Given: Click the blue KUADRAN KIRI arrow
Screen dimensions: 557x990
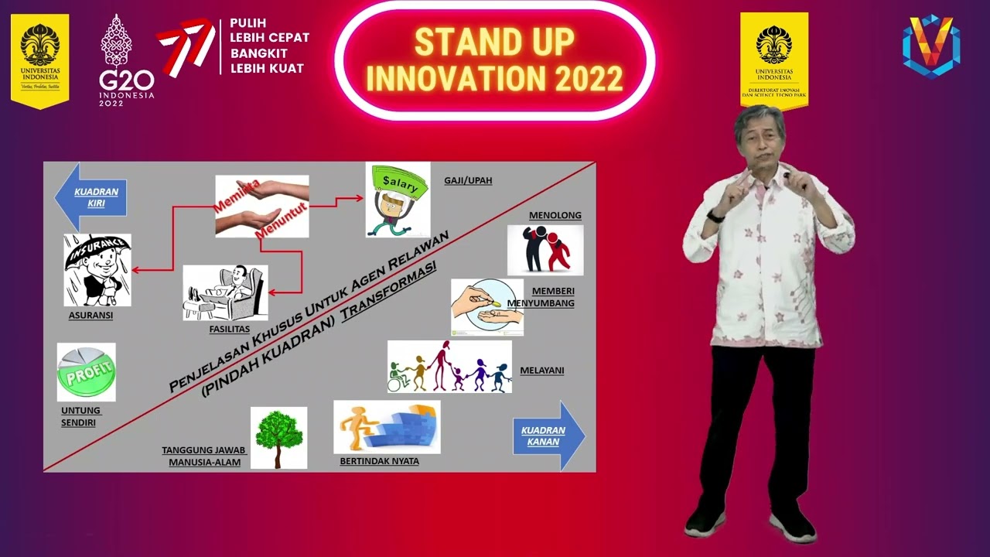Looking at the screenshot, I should (x=90, y=197).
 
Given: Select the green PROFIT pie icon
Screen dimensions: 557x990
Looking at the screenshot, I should (x=86, y=372).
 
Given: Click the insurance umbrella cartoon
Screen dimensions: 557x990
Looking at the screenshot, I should (x=97, y=270).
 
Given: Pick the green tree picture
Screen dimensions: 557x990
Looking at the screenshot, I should (x=278, y=437).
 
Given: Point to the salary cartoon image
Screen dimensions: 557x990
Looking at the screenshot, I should (x=398, y=200).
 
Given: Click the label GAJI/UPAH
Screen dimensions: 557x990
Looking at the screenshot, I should (x=468, y=181).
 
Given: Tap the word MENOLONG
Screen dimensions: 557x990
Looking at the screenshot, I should (x=555, y=216).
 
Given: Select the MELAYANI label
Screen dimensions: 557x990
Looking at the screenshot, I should (x=541, y=371).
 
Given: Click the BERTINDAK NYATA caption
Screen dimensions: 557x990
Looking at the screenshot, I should (x=379, y=462).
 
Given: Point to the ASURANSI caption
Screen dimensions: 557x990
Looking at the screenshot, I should (x=90, y=316).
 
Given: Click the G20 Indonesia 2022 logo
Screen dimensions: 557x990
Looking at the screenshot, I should (x=126, y=60).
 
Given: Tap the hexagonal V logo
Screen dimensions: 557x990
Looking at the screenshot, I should (x=931, y=46).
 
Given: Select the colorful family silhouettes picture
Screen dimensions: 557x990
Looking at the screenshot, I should (x=449, y=367).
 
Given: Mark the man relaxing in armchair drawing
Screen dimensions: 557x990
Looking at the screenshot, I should (x=225, y=292).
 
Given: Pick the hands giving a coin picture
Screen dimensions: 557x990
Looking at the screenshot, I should (x=486, y=307).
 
